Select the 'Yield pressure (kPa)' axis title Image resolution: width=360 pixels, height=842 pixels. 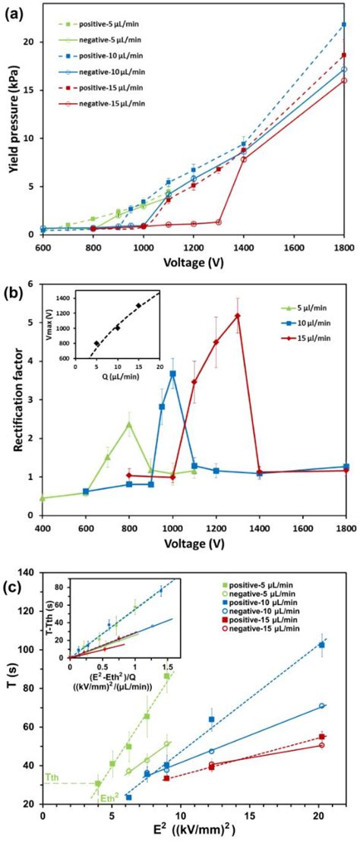tap(13, 125)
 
